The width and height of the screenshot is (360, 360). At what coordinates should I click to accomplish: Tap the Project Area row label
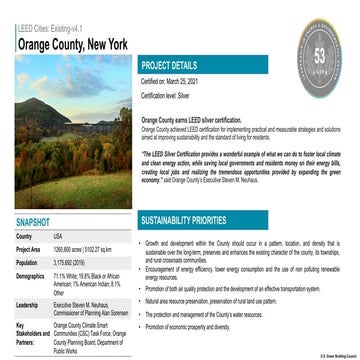[x=29, y=249]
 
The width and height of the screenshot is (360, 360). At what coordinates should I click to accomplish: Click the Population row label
[x=27, y=262]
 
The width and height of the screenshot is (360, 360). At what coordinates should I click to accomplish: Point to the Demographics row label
[x=31, y=275]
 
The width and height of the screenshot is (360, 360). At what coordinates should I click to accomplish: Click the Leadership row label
[x=28, y=305]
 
